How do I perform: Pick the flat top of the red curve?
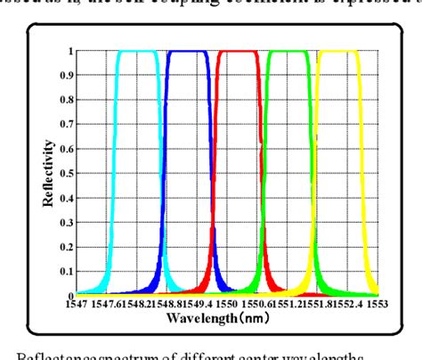237,52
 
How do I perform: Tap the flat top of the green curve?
288,52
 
